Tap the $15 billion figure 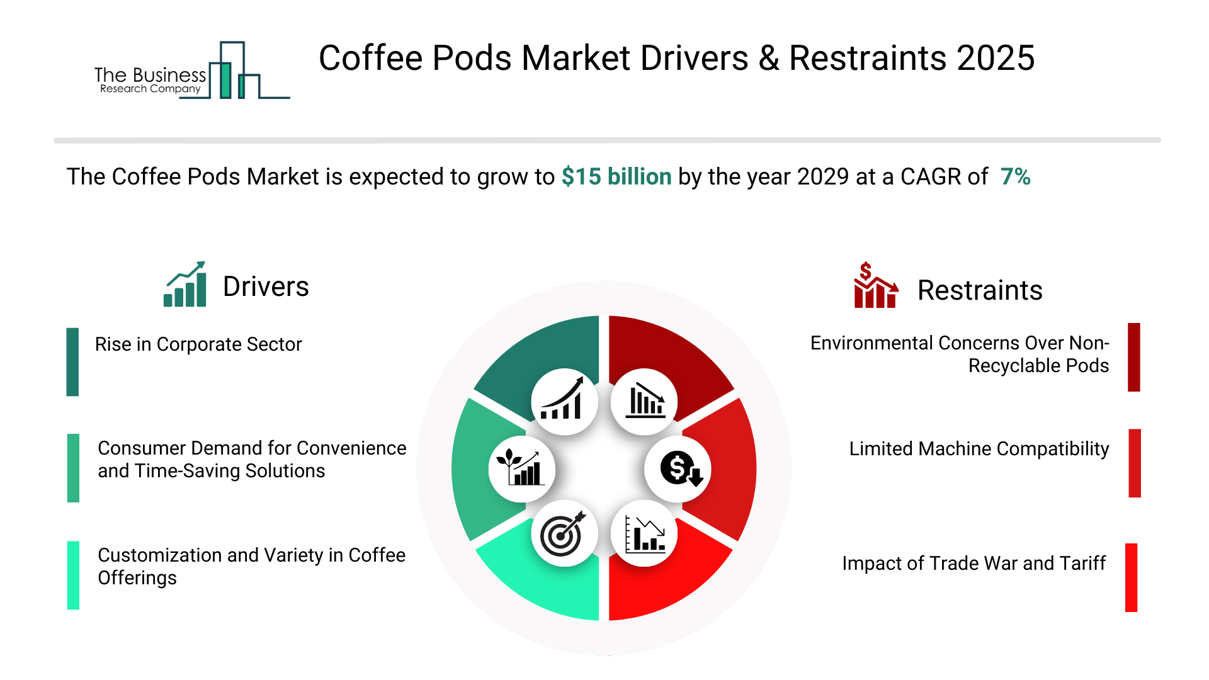tap(616, 177)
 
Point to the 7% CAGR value tap(1015, 177)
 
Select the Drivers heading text tap(266, 287)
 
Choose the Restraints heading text tap(980, 291)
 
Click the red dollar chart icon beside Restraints tap(875, 286)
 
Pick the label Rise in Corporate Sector tap(198, 344)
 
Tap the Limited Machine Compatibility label tap(979, 449)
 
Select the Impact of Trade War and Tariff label tap(973, 564)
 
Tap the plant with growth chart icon tap(521, 468)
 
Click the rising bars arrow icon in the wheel tap(564, 401)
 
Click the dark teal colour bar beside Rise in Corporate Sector tap(72, 362)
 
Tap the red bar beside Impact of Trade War tap(1131, 577)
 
